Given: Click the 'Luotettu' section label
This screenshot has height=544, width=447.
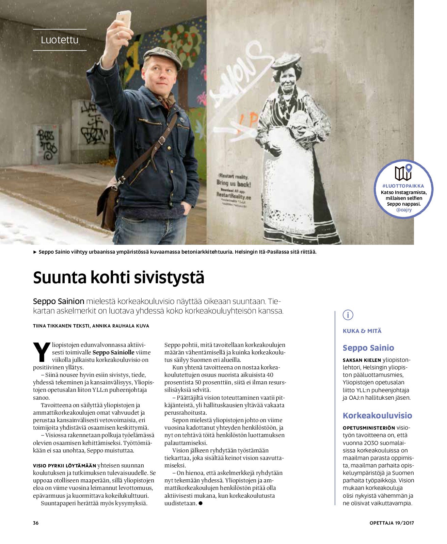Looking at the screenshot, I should [60, 40].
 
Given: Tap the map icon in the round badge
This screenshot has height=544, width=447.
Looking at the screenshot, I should [403, 172].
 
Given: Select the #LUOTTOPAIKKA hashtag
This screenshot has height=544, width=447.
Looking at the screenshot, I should [403, 186].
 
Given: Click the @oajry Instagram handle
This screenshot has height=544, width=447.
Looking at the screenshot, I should [404, 210].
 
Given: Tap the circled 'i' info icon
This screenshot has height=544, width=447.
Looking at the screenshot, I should [348, 315].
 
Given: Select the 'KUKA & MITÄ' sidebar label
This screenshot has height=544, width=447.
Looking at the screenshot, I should [362, 331].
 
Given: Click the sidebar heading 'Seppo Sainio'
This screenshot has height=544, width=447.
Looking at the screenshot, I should [368, 348].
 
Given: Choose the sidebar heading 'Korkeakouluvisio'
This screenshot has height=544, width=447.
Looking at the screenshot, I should [377, 416].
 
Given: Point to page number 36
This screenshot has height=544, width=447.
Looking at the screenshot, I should [36, 523].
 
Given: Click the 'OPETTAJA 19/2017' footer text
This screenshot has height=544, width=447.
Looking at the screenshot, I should [392, 523].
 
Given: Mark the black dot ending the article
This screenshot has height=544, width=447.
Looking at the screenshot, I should [201, 503].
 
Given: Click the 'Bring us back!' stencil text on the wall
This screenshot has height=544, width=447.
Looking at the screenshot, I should [234, 184].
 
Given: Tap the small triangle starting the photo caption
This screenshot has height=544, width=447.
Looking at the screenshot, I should [35, 252].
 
